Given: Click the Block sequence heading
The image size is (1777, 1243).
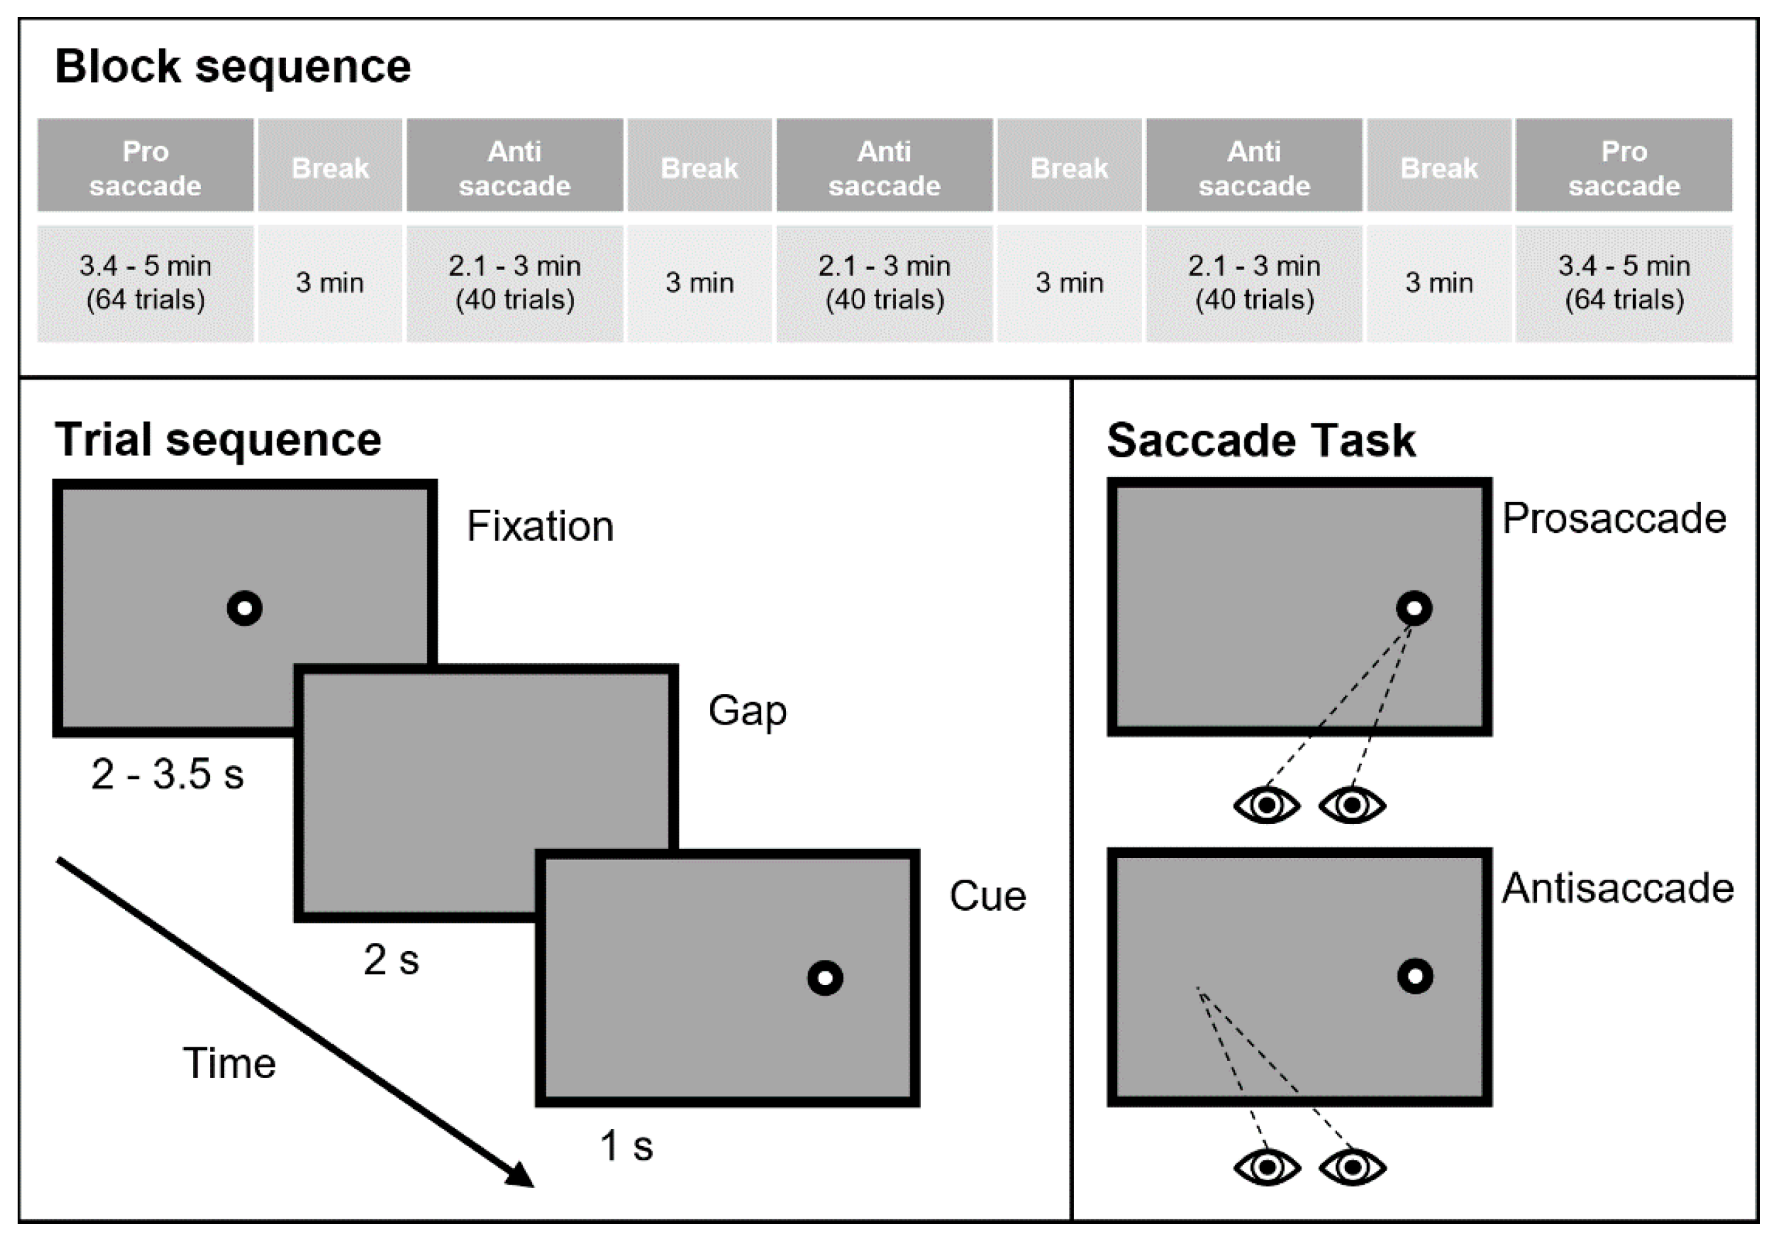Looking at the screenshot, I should [232, 67].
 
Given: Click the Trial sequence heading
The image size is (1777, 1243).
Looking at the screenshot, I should [217, 440].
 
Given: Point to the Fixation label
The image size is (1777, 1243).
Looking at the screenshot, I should [539, 526].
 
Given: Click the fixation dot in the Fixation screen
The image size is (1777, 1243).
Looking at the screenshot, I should [245, 608].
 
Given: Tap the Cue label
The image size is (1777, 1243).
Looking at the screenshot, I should [988, 896].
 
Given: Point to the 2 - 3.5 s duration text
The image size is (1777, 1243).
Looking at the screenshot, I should [167, 774].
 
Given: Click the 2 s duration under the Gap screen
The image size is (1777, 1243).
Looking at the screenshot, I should [391, 960].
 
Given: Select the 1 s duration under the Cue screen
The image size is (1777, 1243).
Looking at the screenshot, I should [626, 1145].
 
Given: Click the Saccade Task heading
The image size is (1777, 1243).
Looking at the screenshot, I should [1261, 441].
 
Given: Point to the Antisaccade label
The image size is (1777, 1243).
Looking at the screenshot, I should [1617, 888].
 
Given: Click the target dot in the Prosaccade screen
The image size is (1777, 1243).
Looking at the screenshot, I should [1414, 608].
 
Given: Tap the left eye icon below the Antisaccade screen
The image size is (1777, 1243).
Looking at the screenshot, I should [1267, 1167].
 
